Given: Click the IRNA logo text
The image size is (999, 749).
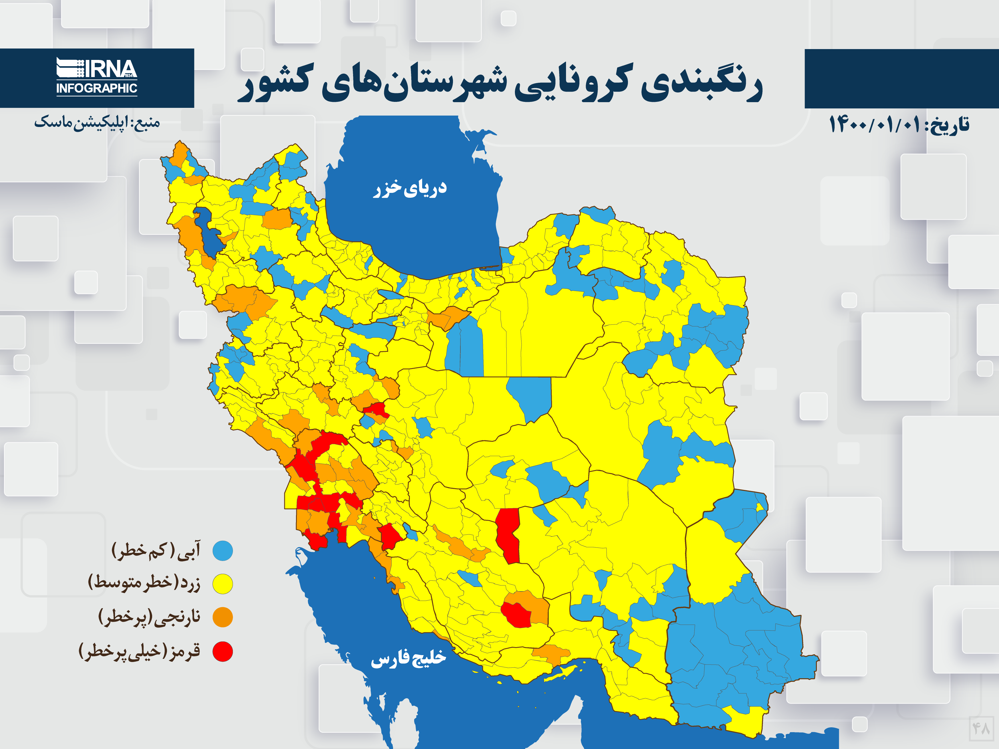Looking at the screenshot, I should pyautogui.click(x=110, y=69).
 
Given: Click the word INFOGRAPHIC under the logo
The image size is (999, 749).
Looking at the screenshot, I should pyautogui.click(x=97, y=88).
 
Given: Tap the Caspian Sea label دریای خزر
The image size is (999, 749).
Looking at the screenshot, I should pyautogui.click(x=410, y=188).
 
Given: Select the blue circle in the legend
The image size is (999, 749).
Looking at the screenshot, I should pyautogui.click(x=223, y=551).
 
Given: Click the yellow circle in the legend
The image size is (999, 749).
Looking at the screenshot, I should pyautogui.click(x=223, y=584).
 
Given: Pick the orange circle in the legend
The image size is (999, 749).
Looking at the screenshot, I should pyautogui.click(x=223, y=617).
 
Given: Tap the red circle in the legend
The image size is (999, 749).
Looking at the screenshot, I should pyautogui.click(x=223, y=651).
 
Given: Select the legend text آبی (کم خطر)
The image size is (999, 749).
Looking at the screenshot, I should pyautogui.click(x=156, y=551).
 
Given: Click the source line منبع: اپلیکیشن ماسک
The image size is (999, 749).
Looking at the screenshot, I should pyautogui.click(x=97, y=122).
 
